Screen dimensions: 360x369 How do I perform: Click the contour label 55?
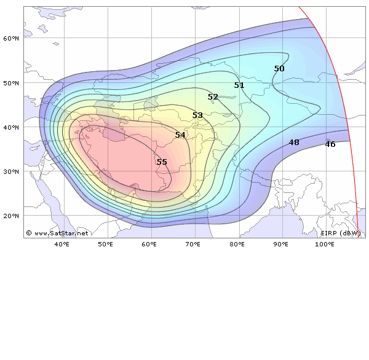[x=162, y=162]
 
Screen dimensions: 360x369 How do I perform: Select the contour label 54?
[x=180, y=135]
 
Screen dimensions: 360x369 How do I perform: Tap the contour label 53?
[x=197, y=115]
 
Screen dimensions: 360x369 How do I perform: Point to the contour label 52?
[x=213, y=97]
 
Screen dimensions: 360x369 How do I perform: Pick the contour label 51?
[x=239, y=85]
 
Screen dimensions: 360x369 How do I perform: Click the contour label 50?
[x=279, y=69]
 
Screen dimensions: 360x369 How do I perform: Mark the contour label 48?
[x=294, y=143]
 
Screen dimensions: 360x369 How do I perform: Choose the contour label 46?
[x=330, y=144]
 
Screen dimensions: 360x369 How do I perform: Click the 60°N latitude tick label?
[x=12, y=38]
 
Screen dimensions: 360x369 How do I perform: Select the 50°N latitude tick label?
[x=12, y=83]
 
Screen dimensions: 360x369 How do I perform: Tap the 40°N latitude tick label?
[x=12, y=127]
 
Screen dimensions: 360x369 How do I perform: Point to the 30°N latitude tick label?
[x=12, y=171]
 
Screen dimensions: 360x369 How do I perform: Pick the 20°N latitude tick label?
[x=12, y=216]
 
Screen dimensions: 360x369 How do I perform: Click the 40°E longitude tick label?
[x=61, y=245]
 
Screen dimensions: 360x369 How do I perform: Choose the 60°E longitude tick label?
[x=149, y=245]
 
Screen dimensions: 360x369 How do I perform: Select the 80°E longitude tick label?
[x=237, y=245]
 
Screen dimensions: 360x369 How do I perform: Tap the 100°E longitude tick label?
[x=325, y=245]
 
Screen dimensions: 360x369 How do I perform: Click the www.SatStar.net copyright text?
[x=57, y=233]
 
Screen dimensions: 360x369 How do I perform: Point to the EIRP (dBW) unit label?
[x=341, y=233]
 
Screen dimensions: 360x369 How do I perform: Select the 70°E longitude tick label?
[x=193, y=245]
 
